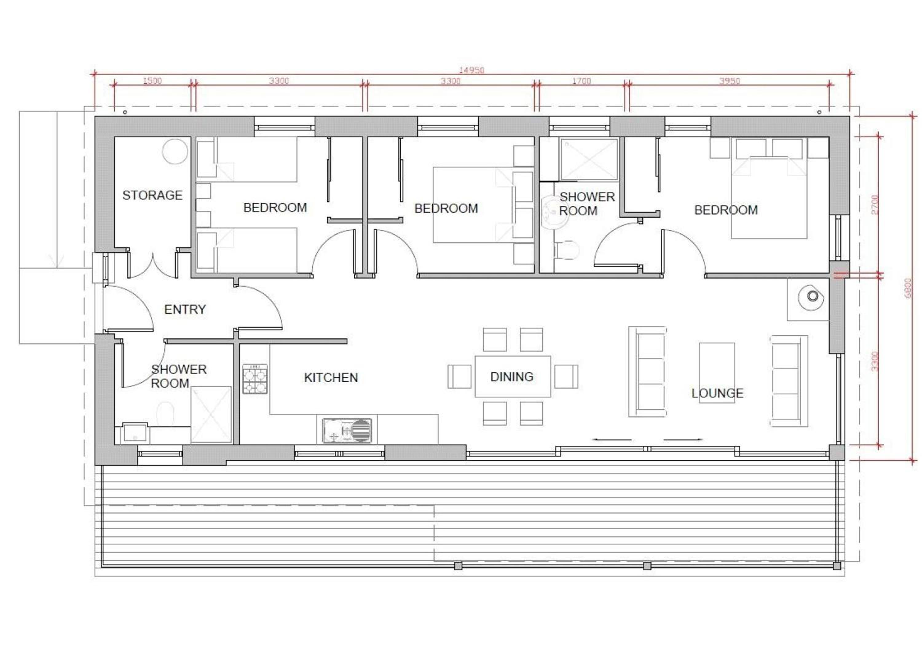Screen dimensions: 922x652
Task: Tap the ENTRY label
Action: (185, 309)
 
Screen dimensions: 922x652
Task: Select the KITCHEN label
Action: (331, 378)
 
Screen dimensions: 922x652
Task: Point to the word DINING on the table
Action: (512, 377)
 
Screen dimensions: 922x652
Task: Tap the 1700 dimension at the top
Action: (581, 81)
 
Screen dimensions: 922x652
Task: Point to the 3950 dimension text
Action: (730, 81)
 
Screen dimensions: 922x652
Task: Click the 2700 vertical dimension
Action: (875, 205)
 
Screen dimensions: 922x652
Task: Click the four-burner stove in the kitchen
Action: (254, 379)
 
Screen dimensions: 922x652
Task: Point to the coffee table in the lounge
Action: (717, 372)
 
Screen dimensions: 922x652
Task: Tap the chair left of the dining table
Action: (459, 376)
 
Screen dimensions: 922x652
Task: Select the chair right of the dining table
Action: (566, 376)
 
